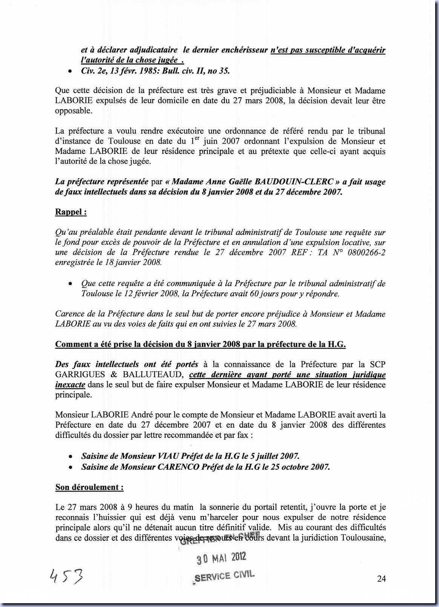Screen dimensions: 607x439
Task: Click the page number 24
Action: (381, 579)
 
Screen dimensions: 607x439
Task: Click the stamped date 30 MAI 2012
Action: (222, 558)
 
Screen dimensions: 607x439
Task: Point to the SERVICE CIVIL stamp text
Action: (224, 576)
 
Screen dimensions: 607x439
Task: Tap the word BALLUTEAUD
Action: (152, 375)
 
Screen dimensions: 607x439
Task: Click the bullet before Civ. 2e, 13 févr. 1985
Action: (69, 71)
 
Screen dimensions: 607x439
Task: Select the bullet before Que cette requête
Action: (69, 284)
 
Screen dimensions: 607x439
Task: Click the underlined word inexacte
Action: (70, 385)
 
